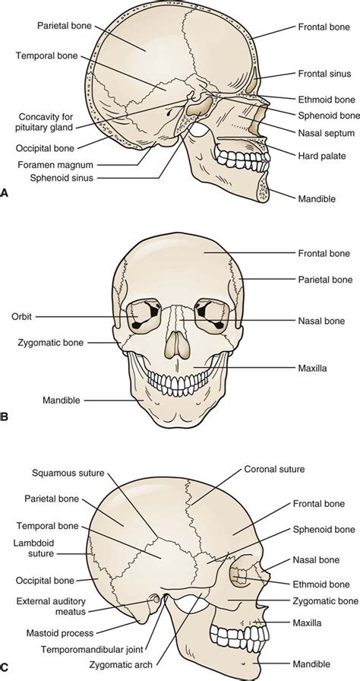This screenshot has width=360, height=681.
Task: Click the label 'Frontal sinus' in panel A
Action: pos(324,74)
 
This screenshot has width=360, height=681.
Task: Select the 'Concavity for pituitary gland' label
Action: pos(46,122)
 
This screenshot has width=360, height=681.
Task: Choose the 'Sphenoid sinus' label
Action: pos(62,177)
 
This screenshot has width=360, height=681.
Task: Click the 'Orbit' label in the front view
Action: pos(22,317)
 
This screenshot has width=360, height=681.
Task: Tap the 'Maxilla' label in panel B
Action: pos(312,369)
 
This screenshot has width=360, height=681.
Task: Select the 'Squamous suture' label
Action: pos(68,473)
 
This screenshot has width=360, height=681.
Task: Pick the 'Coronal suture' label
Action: pos(274,469)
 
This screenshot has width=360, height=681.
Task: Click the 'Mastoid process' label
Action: pos(60,633)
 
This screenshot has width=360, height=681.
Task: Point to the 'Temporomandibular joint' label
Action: pos(92,650)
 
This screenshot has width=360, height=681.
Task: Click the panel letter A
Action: pos(4,192)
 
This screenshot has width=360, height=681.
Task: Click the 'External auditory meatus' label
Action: pos(51,607)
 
